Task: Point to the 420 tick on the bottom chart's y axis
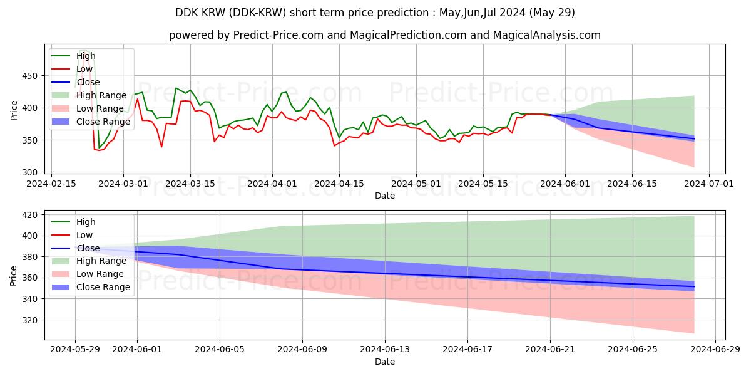coord(31,215)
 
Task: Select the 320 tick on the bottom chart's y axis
coord(31,320)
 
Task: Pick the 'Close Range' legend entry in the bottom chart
coord(103,288)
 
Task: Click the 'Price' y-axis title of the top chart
coord(14,109)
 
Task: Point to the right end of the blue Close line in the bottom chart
coord(694,286)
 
